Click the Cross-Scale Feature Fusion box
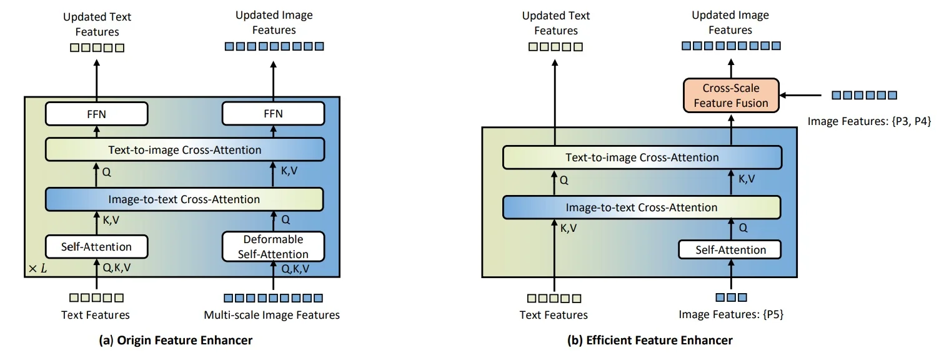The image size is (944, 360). [730, 95]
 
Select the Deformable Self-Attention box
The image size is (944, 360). [274, 246]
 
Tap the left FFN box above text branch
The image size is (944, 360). [96, 113]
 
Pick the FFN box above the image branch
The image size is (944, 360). [274, 113]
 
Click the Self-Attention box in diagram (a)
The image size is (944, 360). [96, 246]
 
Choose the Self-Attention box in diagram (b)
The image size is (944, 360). [730, 250]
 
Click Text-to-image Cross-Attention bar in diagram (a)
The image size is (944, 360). [184, 150]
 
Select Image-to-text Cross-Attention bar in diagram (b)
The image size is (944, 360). [642, 207]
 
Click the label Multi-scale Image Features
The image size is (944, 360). [272, 315]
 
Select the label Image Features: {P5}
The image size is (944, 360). [731, 315]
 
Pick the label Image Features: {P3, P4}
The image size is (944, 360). [869, 122]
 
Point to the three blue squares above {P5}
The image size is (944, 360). [731, 297]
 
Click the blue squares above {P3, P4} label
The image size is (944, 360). [865, 96]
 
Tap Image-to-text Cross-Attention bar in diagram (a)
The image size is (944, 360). [184, 199]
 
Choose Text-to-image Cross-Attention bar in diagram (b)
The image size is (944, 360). [642, 158]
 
